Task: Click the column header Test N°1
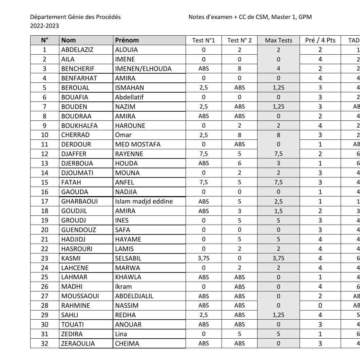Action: [x=204, y=40]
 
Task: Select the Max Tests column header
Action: [x=278, y=40]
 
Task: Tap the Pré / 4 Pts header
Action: [x=320, y=40]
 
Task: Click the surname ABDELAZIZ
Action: [x=77, y=50]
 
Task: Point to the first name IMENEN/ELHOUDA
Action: [x=143, y=69]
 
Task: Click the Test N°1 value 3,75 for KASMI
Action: [x=204, y=258]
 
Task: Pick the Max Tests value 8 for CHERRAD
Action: [x=278, y=135]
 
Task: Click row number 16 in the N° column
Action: [x=44, y=192]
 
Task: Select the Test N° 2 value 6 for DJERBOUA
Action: [x=240, y=164]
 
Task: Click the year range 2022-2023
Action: [x=44, y=26]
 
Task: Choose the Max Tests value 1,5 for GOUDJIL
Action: [x=278, y=211]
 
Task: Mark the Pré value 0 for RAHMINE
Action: [x=320, y=306]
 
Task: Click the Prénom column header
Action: [x=127, y=40]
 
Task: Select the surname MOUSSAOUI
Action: [x=80, y=296]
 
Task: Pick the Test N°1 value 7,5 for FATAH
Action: [x=204, y=183]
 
